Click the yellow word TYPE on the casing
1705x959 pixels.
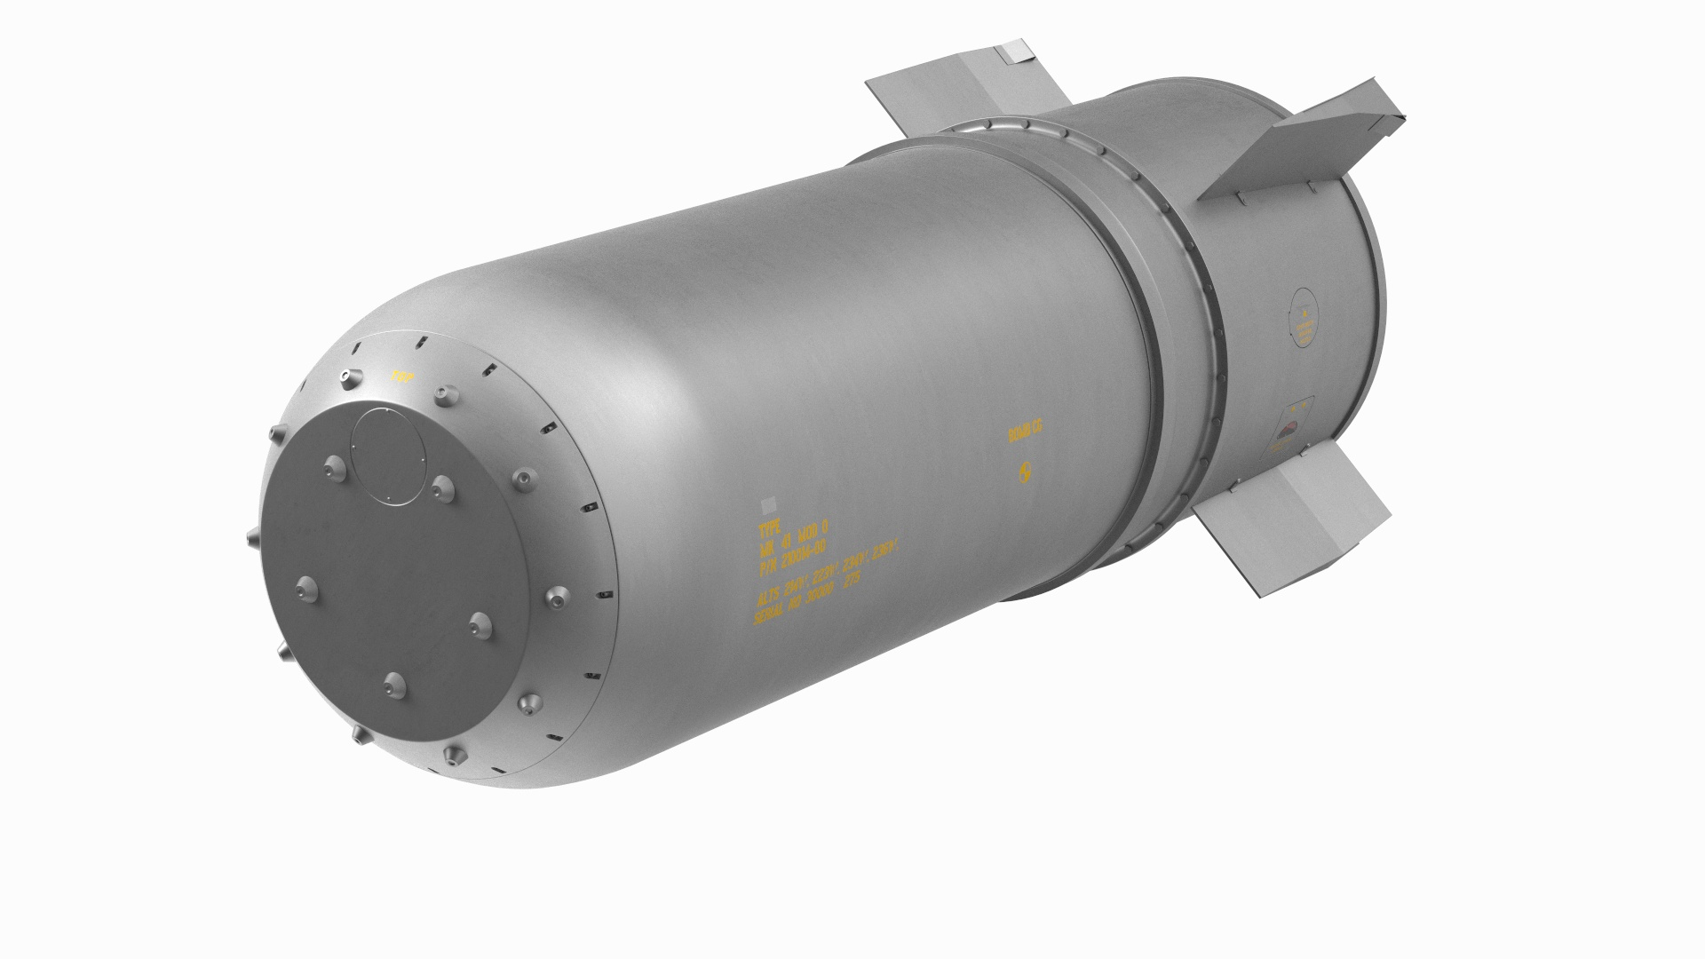tap(768, 532)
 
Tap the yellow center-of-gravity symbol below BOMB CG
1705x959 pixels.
tap(1026, 472)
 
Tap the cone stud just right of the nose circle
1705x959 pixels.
tap(442, 484)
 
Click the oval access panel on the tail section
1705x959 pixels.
tap(1305, 329)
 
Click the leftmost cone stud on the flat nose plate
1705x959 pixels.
tap(307, 586)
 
